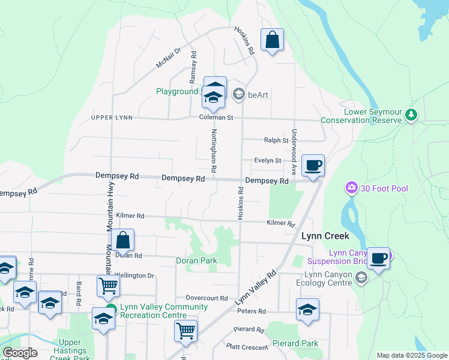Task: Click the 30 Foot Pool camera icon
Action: (351, 188)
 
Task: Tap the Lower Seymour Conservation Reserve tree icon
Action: (411, 115)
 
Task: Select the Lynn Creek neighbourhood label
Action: (325, 236)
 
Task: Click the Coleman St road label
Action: (216, 118)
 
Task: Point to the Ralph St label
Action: (276, 140)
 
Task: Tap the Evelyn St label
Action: (268, 161)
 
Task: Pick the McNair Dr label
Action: (168, 58)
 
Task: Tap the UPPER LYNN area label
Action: (112, 118)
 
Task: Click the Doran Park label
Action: (196, 261)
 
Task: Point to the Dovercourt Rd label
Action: (206, 298)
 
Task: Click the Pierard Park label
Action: (294, 344)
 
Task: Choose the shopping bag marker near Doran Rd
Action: (122, 241)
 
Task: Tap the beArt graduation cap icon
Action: (238, 94)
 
